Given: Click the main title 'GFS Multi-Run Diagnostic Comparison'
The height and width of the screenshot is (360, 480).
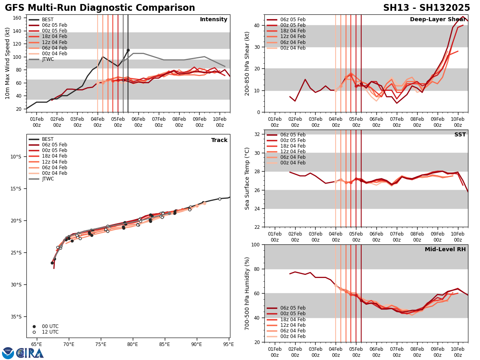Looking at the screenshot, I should (x=100, y=8).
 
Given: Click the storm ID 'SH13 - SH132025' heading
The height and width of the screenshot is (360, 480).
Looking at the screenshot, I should (x=426, y=8).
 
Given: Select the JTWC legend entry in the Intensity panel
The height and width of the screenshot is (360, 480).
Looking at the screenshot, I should (x=48, y=59).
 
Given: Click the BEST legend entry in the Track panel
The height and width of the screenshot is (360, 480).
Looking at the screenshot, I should (x=48, y=139).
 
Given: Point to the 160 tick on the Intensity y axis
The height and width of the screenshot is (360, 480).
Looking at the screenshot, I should (x=17, y=18).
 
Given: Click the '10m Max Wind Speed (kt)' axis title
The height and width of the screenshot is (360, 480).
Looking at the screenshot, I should (x=8, y=63).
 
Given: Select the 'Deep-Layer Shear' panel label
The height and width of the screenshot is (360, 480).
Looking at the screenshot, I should (x=438, y=20).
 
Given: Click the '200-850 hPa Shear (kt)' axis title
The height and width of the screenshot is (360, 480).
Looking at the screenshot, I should (x=247, y=63).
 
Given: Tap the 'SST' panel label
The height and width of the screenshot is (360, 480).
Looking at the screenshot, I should (x=460, y=135).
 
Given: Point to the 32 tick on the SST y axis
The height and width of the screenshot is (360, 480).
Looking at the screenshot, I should (x=258, y=134).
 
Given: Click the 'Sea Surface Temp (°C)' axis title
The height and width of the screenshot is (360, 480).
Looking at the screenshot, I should (x=247, y=178).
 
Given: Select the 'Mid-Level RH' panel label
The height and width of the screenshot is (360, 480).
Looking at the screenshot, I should (x=445, y=250).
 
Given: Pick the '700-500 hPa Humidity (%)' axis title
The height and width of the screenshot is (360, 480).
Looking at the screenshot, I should (x=247, y=293).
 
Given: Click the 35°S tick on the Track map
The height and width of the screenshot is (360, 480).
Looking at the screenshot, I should (x=16, y=317).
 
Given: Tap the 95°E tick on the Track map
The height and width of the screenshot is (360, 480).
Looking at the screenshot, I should (x=228, y=344).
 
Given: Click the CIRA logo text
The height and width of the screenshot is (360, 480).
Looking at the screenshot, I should (x=30, y=353).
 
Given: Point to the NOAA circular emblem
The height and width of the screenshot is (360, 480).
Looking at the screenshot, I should (x=8, y=353).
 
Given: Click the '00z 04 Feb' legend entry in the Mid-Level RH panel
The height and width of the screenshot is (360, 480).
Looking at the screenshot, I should (x=294, y=336).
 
